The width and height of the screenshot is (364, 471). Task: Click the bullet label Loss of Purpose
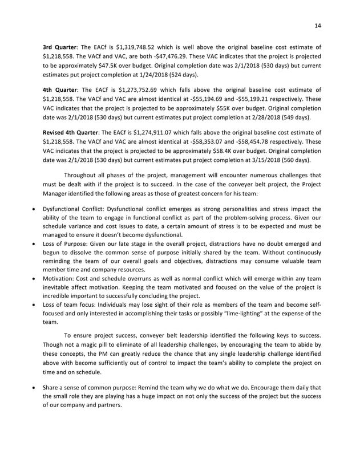[x=68, y=243]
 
